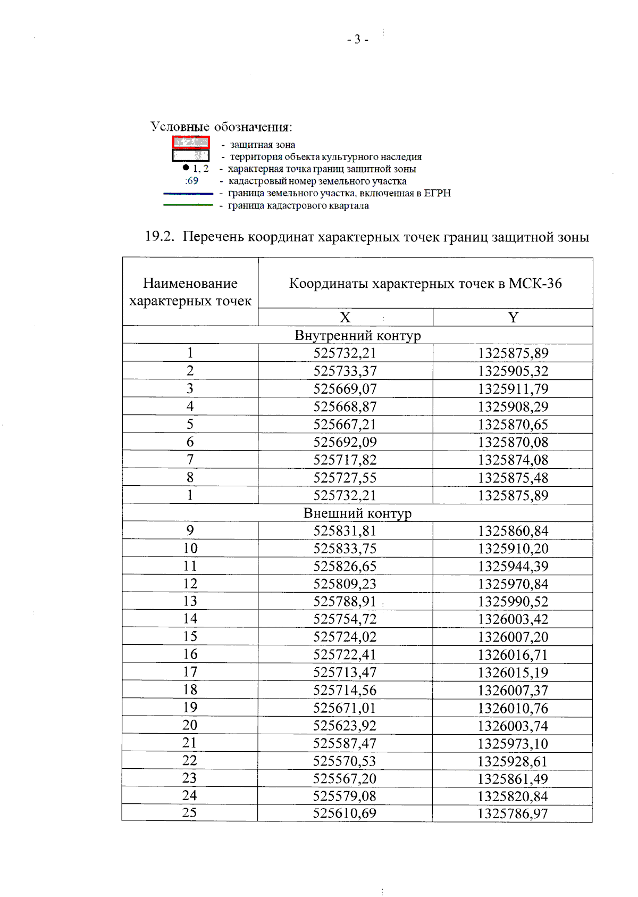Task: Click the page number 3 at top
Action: [357, 39]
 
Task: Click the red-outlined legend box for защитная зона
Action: [191, 143]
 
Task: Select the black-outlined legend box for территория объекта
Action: [191, 155]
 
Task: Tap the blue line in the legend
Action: [188, 194]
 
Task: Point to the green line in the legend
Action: [188, 205]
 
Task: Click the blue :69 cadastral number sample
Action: [192, 181]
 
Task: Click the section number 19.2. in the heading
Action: [159, 237]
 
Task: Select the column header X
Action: [345, 318]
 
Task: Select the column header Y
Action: [513, 318]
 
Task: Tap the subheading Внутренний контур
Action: [357, 336]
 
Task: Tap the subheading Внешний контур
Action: [357, 513]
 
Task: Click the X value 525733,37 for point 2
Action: [345, 371]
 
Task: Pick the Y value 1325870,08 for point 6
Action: [513, 442]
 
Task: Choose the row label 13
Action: [190, 601]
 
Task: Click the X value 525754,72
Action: [345, 619]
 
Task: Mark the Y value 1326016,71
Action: [513, 655]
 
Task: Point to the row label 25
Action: [190, 813]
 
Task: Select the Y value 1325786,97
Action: [513, 813]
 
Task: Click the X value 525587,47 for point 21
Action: [345, 744]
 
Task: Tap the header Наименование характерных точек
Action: [190, 292]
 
